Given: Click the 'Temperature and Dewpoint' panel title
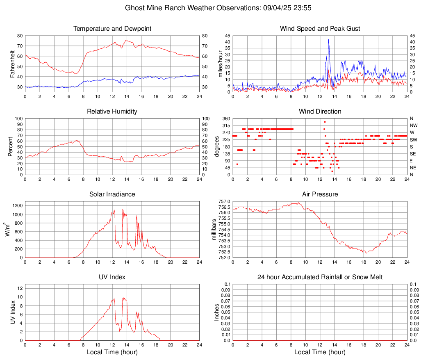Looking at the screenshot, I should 112,29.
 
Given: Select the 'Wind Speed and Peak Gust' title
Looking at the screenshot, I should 320,29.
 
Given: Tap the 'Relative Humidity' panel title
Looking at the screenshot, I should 112,112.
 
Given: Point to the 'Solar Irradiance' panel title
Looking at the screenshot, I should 112,194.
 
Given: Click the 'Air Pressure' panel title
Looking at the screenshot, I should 320,194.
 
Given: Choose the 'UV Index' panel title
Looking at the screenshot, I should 112,277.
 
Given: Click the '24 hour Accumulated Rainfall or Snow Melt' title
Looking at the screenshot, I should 320,277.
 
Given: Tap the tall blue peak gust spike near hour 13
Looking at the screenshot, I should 328,40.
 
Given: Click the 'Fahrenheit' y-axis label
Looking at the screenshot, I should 13,64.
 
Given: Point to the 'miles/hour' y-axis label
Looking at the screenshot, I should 221,64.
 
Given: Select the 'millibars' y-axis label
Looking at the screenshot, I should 214,230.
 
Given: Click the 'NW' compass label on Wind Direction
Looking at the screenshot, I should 414,125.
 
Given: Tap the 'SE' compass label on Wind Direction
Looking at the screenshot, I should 413,154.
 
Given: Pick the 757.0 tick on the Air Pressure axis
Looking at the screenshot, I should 224,202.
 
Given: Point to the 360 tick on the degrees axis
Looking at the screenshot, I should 225,119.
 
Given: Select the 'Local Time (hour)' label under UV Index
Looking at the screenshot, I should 112,352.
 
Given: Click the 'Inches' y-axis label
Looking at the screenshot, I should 217,312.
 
